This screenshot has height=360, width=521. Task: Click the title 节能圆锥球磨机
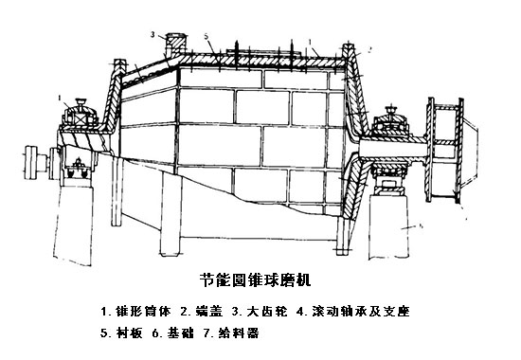point(260,281)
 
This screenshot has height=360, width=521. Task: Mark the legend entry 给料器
point(247,333)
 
